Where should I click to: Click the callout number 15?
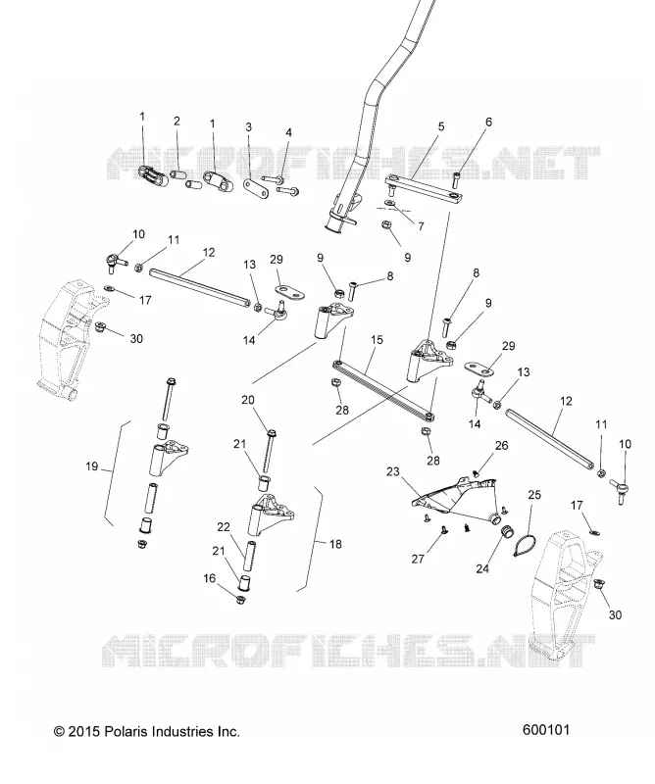(x=377, y=340)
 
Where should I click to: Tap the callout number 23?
(x=393, y=471)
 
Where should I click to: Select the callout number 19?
(x=91, y=466)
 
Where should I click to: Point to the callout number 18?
(x=335, y=544)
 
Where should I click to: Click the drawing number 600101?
(x=546, y=730)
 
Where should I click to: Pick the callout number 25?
(x=534, y=495)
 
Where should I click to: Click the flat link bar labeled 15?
(x=383, y=389)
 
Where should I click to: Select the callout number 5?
(x=441, y=126)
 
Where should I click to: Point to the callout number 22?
(x=224, y=526)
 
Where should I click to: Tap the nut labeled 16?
(x=240, y=598)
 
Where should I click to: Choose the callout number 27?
(x=418, y=559)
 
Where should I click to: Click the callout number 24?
(x=481, y=568)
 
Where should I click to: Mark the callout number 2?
(x=176, y=121)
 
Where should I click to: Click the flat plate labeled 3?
(x=256, y=187)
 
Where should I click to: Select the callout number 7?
(x=421, y=226)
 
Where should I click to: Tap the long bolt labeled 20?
(x=270, y=452)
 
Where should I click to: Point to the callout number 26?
(x=501, y=445)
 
